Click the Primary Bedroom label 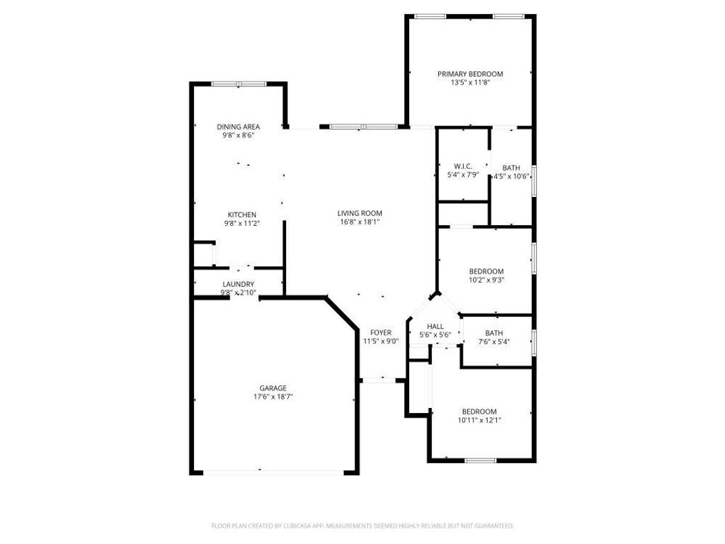(470, 74)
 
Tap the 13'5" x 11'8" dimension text (470, 82)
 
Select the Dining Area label (238, 127)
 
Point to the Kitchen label (241, 215)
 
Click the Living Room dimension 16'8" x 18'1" (360, 221)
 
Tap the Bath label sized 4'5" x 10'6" (511, 168)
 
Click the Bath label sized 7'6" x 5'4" (494, 334)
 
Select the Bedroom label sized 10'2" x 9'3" (486, 271)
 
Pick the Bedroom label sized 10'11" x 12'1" (479, 412)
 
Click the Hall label (435, 326)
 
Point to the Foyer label (381, 332)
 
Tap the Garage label (273, 388)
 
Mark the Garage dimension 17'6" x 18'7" (273, 397)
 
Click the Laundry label (237, 283)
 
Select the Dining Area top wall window (239, 84)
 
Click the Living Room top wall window (363, 127)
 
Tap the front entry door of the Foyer (378, 380)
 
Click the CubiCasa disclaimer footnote (362, 526)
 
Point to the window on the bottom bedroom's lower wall (480, 460)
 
